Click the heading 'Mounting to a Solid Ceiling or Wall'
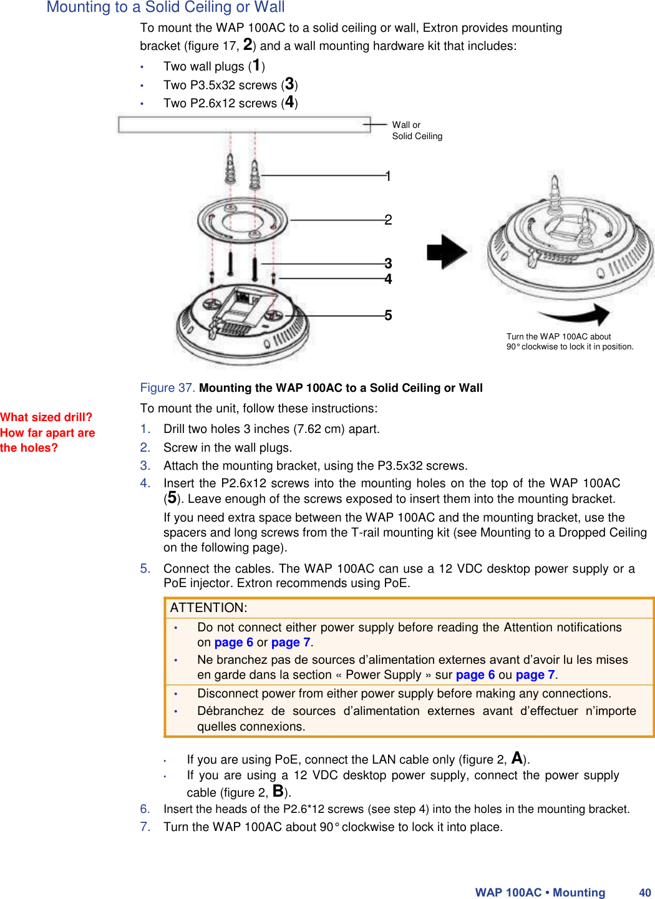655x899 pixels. (165, 7)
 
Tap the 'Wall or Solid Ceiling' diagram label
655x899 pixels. (417, 130)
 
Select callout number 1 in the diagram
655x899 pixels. (388, 177)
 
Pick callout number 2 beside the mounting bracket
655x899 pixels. (388, 220)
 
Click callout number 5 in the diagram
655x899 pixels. (388, 316)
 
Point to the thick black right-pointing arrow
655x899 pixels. (447, 252)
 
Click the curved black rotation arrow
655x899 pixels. (575, 314)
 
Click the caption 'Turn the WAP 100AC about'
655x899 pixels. (558, 336)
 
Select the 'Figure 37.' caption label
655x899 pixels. (167, 388)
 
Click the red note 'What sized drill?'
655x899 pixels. (46, 417)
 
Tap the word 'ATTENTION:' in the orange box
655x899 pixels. (208, 608)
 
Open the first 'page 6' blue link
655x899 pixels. (233, 643)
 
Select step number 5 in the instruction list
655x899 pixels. (145, 568)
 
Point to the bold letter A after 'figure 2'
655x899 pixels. (517, 758)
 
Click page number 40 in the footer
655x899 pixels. (644, 893)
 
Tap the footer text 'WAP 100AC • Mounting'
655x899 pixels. (540, 893)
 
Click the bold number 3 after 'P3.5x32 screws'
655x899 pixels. (289, 84)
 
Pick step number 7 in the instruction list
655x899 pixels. (145, 827)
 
